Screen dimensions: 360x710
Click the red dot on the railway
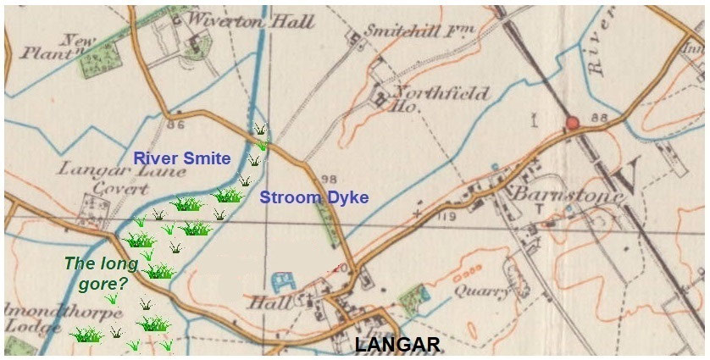pos(572,124)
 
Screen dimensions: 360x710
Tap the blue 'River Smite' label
pos(182,158)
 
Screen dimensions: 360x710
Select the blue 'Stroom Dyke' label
pos(313,198)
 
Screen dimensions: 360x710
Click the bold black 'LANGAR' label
pos(397,345)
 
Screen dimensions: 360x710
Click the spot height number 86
pos(175,125)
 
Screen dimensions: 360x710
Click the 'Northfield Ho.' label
pos(441,97)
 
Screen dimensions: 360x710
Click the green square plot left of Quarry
pos(412,299)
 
